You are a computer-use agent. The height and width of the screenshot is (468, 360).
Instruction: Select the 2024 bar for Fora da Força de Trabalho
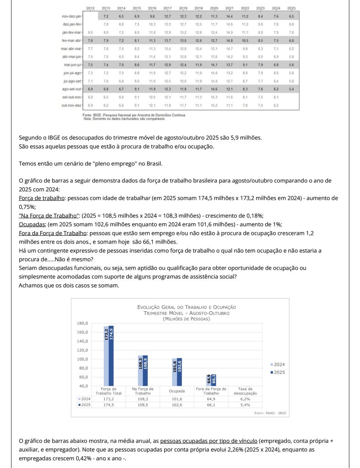209,380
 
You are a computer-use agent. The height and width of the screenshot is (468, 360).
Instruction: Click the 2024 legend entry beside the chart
277,364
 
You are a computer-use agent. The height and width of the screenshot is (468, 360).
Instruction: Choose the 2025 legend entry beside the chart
277,372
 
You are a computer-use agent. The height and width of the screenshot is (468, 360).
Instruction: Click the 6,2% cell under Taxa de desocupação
245,399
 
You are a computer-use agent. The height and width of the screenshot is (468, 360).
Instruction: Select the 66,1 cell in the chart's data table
211,405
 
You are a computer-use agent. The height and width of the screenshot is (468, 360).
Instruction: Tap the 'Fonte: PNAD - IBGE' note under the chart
270,413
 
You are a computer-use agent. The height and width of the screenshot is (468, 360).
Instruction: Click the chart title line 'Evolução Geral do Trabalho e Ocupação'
187,307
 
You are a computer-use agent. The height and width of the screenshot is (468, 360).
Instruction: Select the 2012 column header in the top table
90,8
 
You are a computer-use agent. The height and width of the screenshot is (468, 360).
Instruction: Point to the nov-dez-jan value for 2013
106,16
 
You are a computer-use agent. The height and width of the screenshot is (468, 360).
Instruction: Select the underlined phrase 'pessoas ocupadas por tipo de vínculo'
209,441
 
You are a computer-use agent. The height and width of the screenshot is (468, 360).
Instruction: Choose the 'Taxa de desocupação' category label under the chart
245,391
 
